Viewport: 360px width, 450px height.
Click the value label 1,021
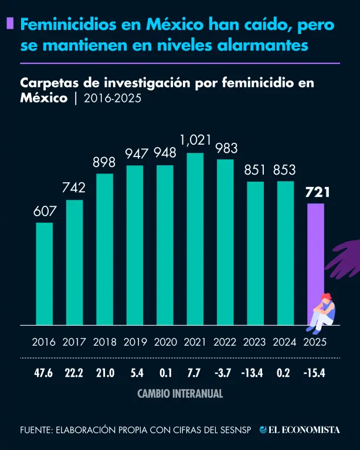coord(195,142)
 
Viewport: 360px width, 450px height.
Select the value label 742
coord(74,188)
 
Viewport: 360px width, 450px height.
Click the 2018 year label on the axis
coord(105,342)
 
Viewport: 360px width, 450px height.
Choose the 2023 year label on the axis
coord(255,342)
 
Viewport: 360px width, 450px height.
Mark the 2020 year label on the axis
coord(165,342)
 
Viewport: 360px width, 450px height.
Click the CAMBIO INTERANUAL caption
coord(180,394)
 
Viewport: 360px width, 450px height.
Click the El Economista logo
coord(300,429)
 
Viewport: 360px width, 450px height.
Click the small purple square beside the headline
coord(9,24)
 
